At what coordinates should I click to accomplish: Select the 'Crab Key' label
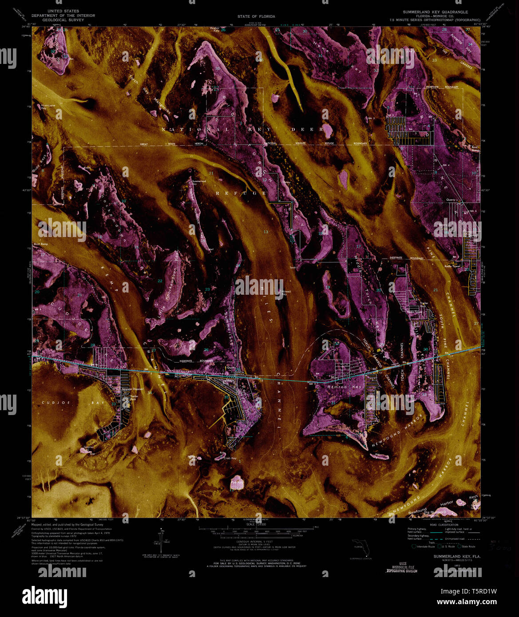[230, 458]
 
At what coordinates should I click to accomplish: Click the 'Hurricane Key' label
[48, 107]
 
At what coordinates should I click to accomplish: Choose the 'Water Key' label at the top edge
[215, 29]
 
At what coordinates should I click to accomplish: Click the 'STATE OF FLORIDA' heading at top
[256, 16]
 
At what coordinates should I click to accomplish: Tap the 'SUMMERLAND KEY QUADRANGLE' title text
[435, 12]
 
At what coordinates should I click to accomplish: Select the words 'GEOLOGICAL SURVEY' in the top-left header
[63, 20]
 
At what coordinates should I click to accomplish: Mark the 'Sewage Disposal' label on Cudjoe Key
[133, 389]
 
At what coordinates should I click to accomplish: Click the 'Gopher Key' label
[89, 447]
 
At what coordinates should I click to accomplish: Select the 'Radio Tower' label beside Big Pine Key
[453, 266]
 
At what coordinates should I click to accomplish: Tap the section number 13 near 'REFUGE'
[265, 232]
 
